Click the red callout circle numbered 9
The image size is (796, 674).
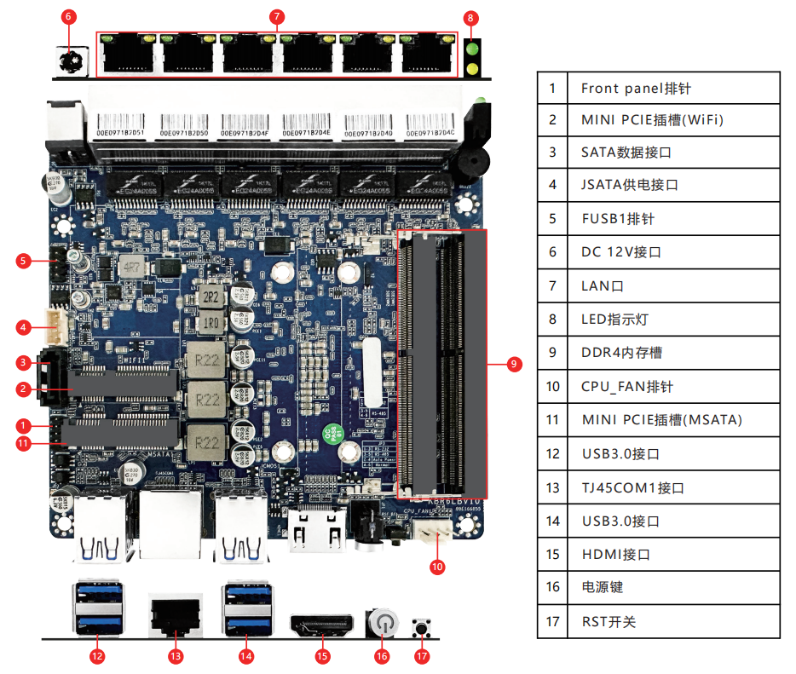click(512, 364)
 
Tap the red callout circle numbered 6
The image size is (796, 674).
click(70, 16)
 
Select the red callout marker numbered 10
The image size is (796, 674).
click(436, 566)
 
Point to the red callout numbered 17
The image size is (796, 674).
click(422, 656)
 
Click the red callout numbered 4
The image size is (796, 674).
click(24, 326)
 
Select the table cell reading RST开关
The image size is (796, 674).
click(609, 621)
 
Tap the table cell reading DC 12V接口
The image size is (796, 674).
click(620, 251)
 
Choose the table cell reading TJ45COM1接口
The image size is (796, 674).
click(632, 487)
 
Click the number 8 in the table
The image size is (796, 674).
click(552, 320)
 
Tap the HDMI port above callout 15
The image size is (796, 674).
click(322, 626)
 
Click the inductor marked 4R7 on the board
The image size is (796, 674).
click(132, 268)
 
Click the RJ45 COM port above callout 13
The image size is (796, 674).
click(175, 615)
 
